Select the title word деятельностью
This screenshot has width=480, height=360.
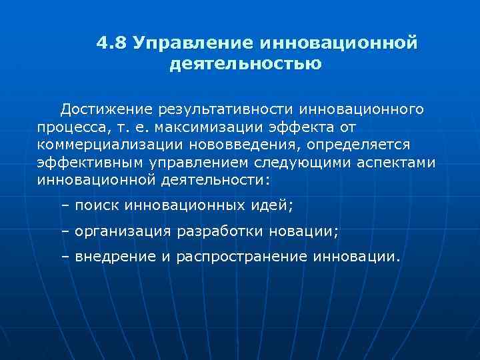[246, 65]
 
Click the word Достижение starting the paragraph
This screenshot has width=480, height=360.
[107, 108]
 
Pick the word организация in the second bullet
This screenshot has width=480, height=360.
[124, 231]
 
